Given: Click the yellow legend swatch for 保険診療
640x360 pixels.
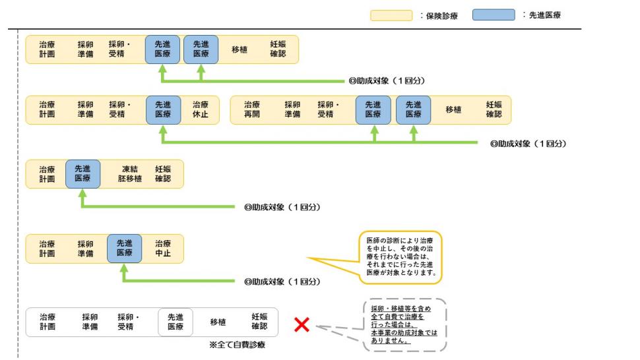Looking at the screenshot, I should [391, 15].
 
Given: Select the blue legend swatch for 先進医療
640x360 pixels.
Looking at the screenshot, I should [494, 15].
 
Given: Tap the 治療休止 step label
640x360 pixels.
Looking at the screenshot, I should [201, 109].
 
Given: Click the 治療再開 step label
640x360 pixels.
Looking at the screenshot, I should [252, 109].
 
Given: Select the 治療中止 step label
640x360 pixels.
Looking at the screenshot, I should [163, 248].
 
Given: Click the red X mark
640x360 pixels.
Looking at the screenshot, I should [302, 324].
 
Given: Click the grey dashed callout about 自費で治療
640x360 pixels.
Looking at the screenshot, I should [404, 325].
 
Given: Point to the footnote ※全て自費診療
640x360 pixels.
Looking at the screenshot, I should [237, 345].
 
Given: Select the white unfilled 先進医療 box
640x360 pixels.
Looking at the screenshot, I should [176, 322].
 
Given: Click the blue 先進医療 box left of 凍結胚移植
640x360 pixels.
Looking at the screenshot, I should [82, 174].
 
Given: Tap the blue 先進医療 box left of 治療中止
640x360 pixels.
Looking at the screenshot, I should [125, 248].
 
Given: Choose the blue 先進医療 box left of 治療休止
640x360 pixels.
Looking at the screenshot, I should [163, 109].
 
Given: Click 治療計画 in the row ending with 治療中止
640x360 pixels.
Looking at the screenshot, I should [47, 248].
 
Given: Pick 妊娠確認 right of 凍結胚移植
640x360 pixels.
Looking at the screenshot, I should [163, 174].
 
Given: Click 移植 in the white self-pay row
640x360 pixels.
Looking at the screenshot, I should [218, 322].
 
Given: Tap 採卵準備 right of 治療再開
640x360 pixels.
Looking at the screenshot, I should [292, 109].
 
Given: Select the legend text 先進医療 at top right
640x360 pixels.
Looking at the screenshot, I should [544, 15].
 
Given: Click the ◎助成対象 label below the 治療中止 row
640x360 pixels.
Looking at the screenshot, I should [282, 282].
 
